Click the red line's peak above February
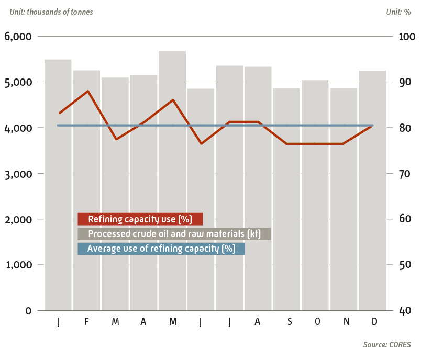tap(88, 91)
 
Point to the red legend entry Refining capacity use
tap(140, 219)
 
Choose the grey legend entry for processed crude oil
tap(174, 234)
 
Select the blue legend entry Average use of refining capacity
tap(161, 249)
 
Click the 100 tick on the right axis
tap(407, 37)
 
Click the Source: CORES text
tap(387, 345)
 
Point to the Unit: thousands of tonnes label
tap(51, 12)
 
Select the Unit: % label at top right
tap(398, 12)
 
